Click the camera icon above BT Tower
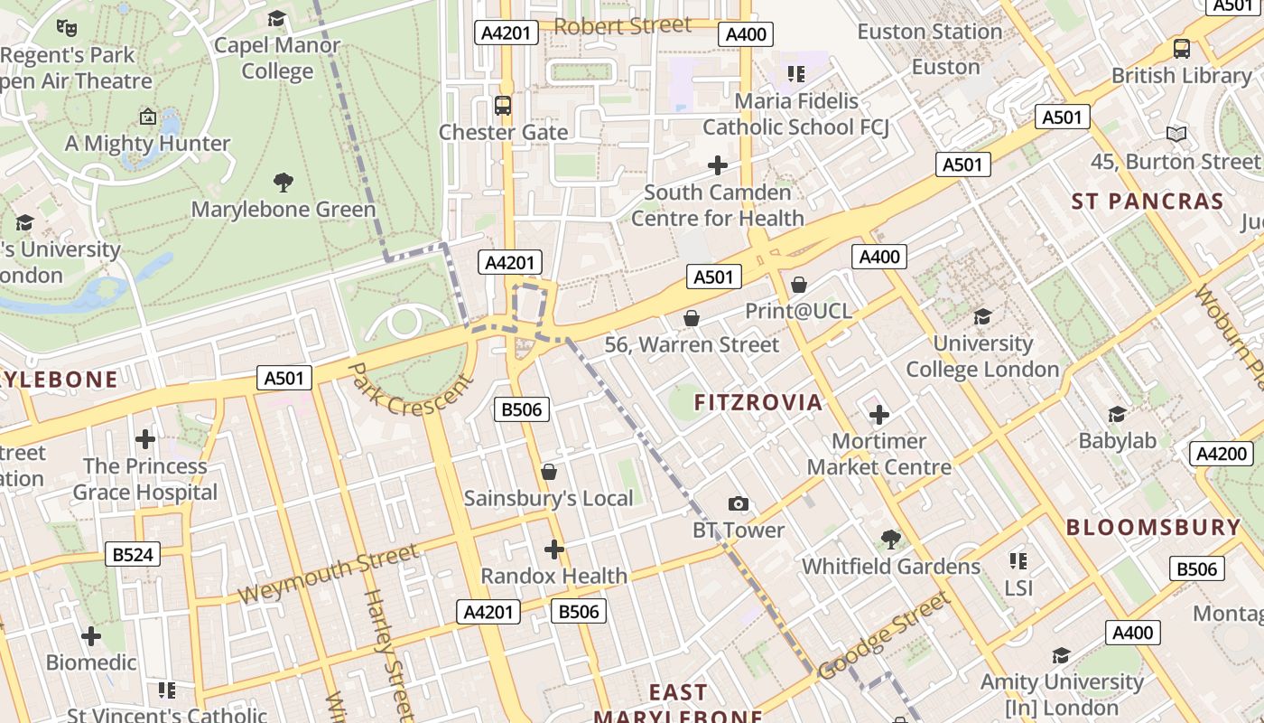pos(739,504)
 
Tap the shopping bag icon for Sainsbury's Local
pos(548,472)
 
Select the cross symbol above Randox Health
pos(554,549)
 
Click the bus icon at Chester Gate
pos(503,106)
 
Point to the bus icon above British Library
pos(1181,49)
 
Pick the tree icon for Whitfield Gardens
pos(891,540)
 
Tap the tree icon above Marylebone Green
pos(283,183)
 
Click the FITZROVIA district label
pos(758,403)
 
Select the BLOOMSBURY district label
pos(1154,528)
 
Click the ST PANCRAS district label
pos(1148,202)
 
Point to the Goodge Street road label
pos(885,635)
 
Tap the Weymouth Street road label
pos(329,575)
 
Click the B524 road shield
pos(133,554)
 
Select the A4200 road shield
pos(1221,454)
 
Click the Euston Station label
pos(929,32)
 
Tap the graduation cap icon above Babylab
pos(1117,414)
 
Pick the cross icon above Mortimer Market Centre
pos(878,415)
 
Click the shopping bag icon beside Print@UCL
pos(799,285)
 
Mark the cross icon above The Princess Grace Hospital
pos(145,440)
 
